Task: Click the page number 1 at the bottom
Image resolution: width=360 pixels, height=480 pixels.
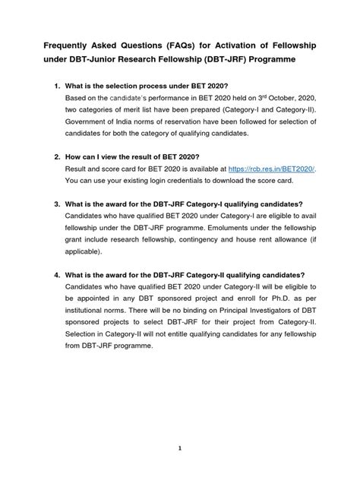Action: tap(180, 448)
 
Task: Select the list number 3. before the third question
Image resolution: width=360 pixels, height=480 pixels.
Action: tap(48, 204)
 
